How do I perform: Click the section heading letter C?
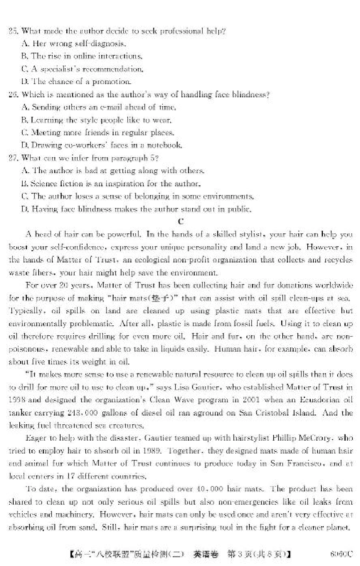pos(180,222)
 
